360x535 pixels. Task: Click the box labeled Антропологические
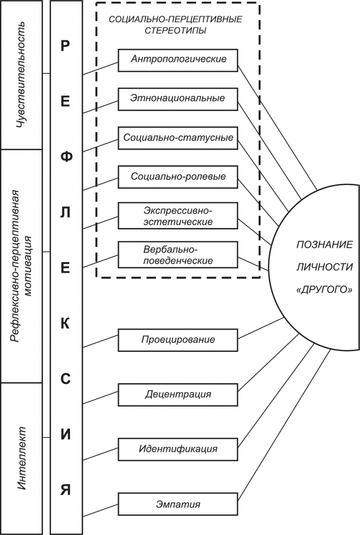coord(178,60)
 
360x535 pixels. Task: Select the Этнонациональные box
coord(178,98)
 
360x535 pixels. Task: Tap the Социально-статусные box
coord(178,137)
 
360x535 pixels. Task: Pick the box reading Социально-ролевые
coord(178,176)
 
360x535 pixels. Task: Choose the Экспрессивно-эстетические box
coord(178,216)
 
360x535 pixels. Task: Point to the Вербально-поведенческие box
coord(178,255)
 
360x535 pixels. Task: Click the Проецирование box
coord(178,340)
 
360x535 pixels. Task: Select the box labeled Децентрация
coord(178,394)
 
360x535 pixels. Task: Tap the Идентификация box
coord(178,449)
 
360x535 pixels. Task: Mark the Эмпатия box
coord(178,504)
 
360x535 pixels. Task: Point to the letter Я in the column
coord(65,490)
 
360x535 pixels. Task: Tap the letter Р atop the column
coord(65,46)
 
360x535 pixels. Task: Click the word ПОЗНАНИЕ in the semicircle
coord(324,244)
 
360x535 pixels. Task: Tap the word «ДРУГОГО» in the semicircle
coord(324,290)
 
